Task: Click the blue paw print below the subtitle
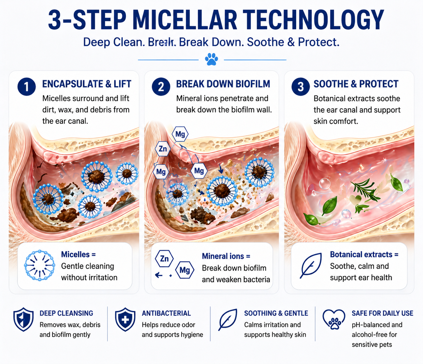coord(211,59)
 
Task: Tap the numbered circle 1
coord(27,87)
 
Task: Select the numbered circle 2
coord(161,87)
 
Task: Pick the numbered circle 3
coord(300,87)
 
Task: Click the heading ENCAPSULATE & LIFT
coord(86,84)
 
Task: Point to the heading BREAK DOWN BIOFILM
coord(223,84)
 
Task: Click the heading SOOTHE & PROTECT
coord(356,84)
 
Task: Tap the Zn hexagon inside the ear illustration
coord(163,149)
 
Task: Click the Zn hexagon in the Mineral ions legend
coord(164,259)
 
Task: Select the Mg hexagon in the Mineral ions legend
coord(185,270)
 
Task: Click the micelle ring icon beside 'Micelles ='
coord(40,265)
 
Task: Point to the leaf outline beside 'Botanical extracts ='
coord(311,265)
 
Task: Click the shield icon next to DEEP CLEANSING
coord(23,319)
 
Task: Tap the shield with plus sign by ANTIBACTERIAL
coord(125,319)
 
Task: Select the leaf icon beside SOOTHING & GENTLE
coord(228,320)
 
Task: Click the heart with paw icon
coord(334,320)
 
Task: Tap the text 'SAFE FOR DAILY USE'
coord(383,313)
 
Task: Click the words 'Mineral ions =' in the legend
coord(226,256)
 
